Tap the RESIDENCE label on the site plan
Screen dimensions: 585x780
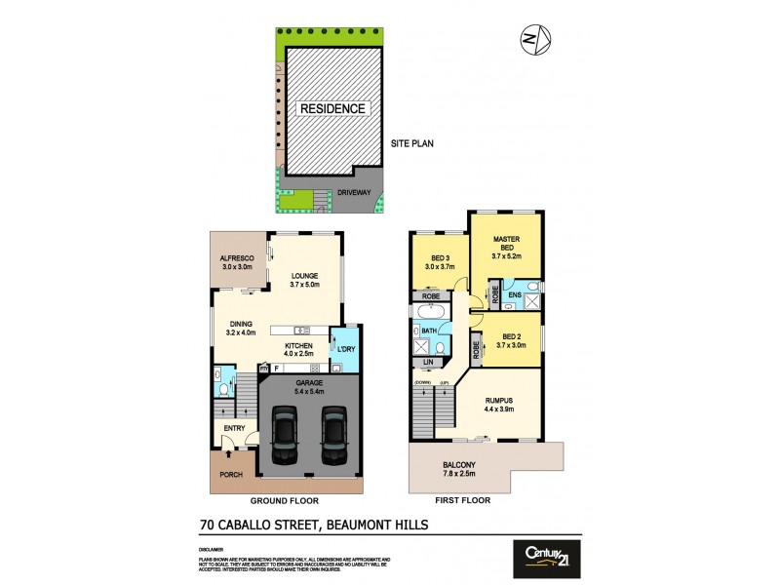point(331,108)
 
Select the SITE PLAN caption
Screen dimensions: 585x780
point(412,142)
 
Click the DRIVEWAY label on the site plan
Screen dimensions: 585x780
point(354,193)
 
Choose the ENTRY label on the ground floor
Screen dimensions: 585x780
point(233,428)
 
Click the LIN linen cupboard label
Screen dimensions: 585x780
point(428,362)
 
